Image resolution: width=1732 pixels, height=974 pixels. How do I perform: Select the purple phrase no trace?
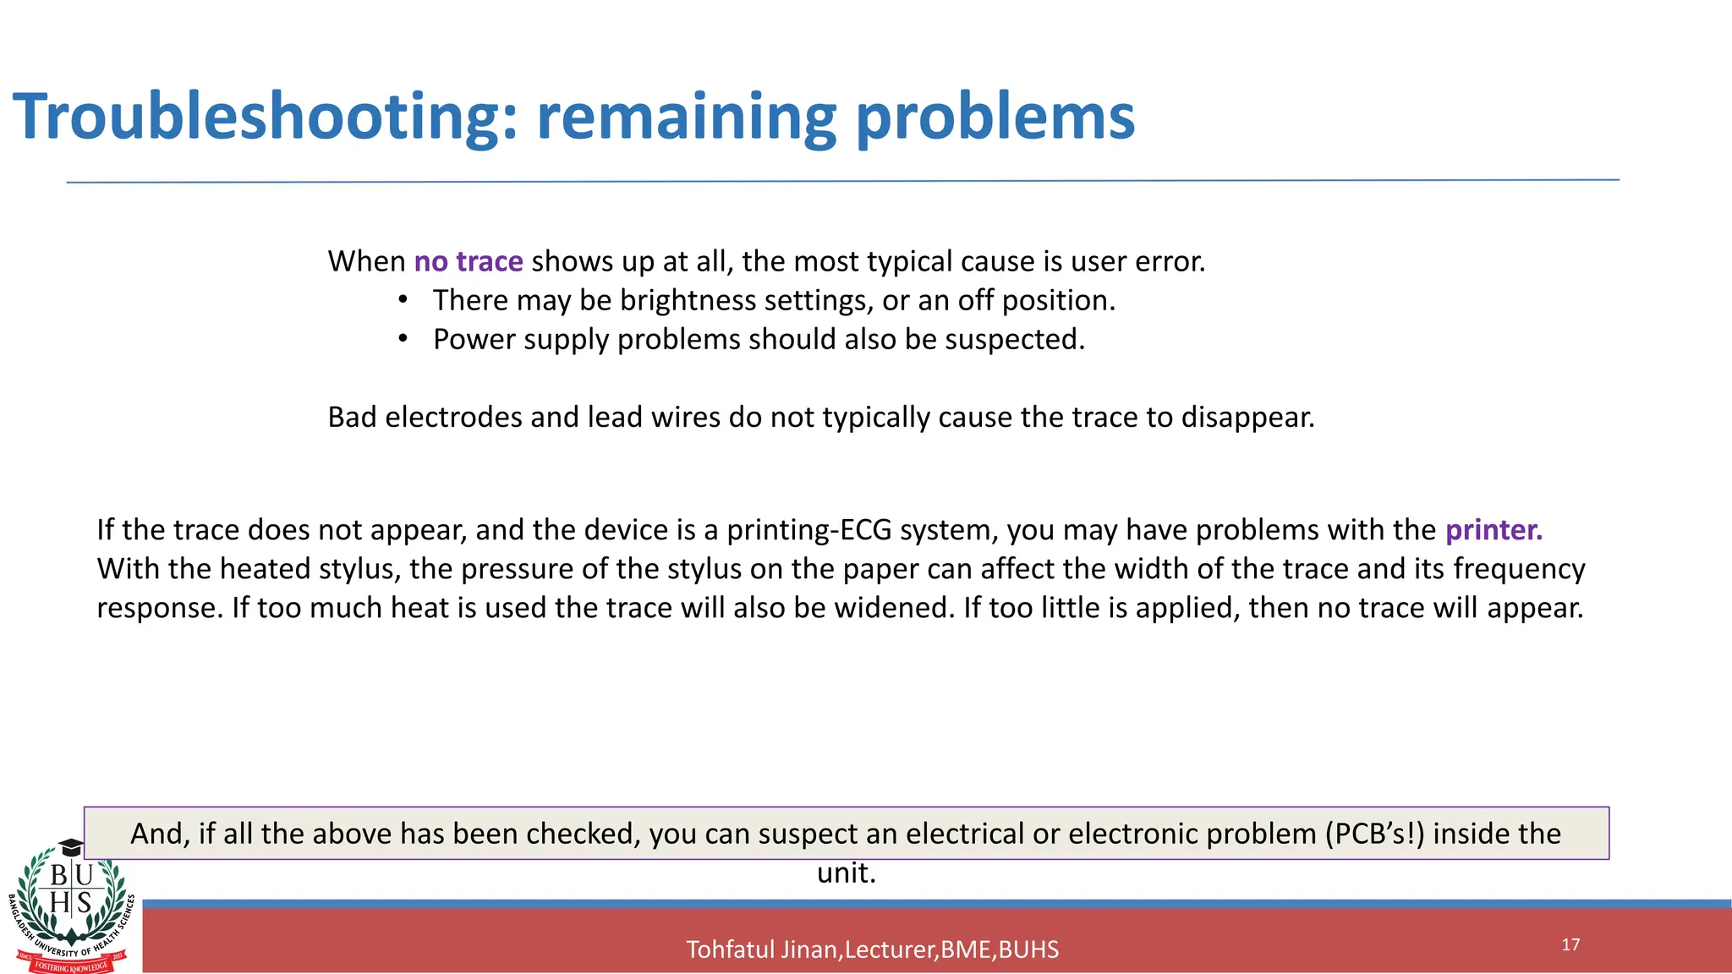tap(469, 261)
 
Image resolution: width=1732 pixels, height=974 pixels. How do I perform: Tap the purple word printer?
tap(1494, 530)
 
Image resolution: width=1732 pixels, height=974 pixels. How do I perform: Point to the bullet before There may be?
tap(403, 300)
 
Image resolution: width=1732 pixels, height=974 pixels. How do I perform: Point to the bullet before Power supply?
tap(403, 339)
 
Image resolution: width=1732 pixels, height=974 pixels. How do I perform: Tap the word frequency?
tap(1519, 569)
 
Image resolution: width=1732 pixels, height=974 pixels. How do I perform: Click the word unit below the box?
tap(845, 873)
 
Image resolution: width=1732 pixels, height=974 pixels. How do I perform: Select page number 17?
tap(1570, 944)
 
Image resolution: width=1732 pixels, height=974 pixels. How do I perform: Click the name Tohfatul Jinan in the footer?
tap(762, 949)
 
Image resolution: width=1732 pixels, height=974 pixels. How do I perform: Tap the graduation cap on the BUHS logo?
tap(71, 847)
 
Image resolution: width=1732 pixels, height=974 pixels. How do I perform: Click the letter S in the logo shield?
tap(85, 902)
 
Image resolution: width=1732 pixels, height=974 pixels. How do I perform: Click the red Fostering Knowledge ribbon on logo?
tap(72, 966)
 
